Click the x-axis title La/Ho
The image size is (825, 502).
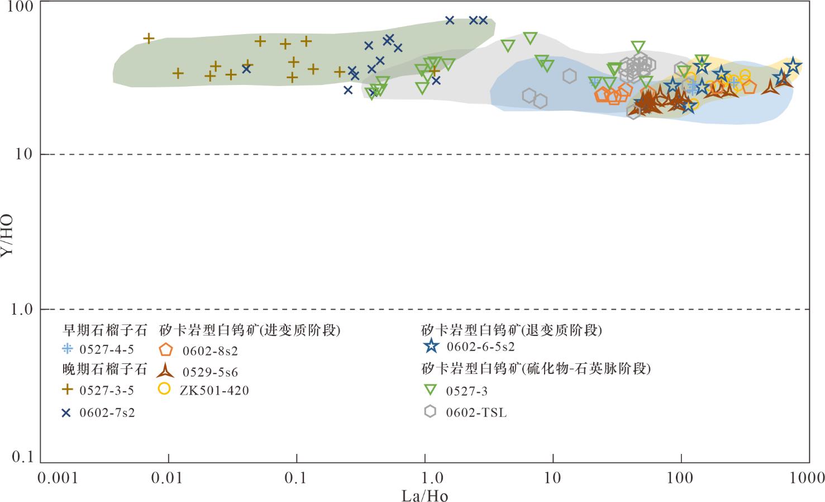point(425,495)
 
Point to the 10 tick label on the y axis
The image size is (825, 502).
point(24,154)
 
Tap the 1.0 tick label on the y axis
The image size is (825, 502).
point(22,309)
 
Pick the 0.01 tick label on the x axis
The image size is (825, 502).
point(168,478)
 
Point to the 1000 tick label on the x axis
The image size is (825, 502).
point(807,478)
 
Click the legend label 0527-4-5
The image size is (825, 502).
point(107,349)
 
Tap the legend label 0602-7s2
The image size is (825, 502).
point(107,413)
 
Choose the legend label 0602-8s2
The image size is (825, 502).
point(210,351)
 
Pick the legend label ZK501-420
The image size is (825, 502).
point(214,390)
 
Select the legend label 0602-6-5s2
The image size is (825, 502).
point(480,347)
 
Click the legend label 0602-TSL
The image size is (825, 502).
point(476,413)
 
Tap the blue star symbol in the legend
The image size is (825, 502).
point(430,346)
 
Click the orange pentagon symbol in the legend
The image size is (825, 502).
point(165,350)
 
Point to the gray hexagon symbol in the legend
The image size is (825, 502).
point(430,411)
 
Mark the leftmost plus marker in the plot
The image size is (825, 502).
point(149,39)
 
